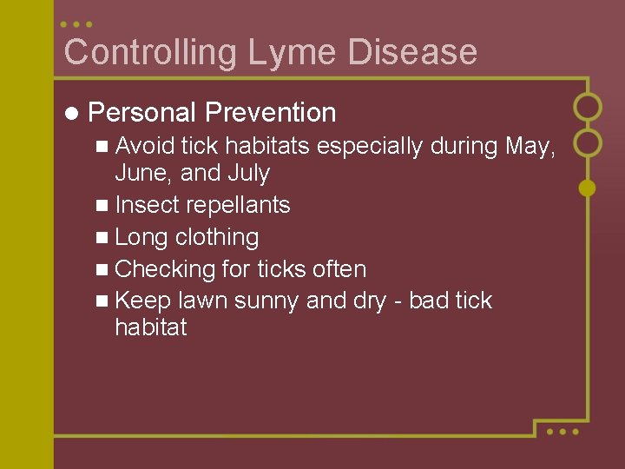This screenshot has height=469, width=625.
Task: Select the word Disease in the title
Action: point(412,52)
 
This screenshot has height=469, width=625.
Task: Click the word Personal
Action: point(141,113)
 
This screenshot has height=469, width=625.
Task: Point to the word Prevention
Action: point(270,113)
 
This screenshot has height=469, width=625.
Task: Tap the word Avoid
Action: point(146,146)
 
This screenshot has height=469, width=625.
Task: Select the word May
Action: point(528,146)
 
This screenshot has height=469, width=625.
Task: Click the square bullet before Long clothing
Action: point(103,238)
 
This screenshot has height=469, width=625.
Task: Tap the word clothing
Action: point(217,238)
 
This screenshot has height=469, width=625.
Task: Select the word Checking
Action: point(165,269)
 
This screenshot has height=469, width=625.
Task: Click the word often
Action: point(339,269)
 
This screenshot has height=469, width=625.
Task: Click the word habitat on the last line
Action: point(150,328)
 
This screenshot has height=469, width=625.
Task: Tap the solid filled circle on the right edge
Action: point(588,187)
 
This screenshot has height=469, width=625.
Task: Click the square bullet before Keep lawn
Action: point(103,301)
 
